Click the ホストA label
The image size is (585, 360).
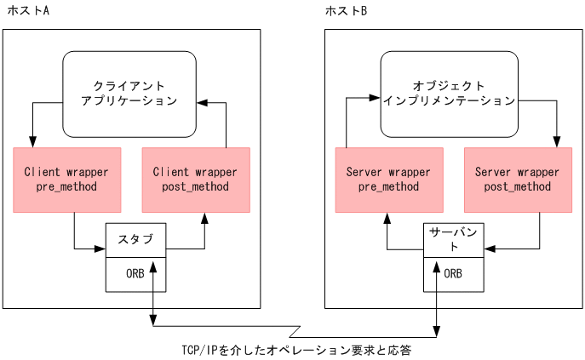click(27, 11)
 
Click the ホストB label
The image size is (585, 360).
click(347, 11)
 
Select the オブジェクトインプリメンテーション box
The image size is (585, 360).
click(449, 94)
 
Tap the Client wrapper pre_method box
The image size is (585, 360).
click(66, 179)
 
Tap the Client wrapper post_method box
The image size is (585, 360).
click(195, 179)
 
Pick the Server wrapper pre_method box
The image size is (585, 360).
click(388, 179)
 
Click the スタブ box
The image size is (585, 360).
click(135, 239)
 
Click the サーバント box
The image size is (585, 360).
click(455, 239)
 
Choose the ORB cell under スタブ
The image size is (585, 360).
click(135, 274)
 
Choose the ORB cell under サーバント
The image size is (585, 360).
click(455, 274)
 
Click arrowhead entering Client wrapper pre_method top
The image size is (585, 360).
click(32, 142)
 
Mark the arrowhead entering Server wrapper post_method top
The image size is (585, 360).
click(557, 142)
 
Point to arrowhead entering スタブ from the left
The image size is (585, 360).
click(100, 249)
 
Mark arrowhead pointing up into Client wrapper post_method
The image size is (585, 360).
click(204, 218)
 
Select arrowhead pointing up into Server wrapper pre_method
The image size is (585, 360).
click(388, 218)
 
